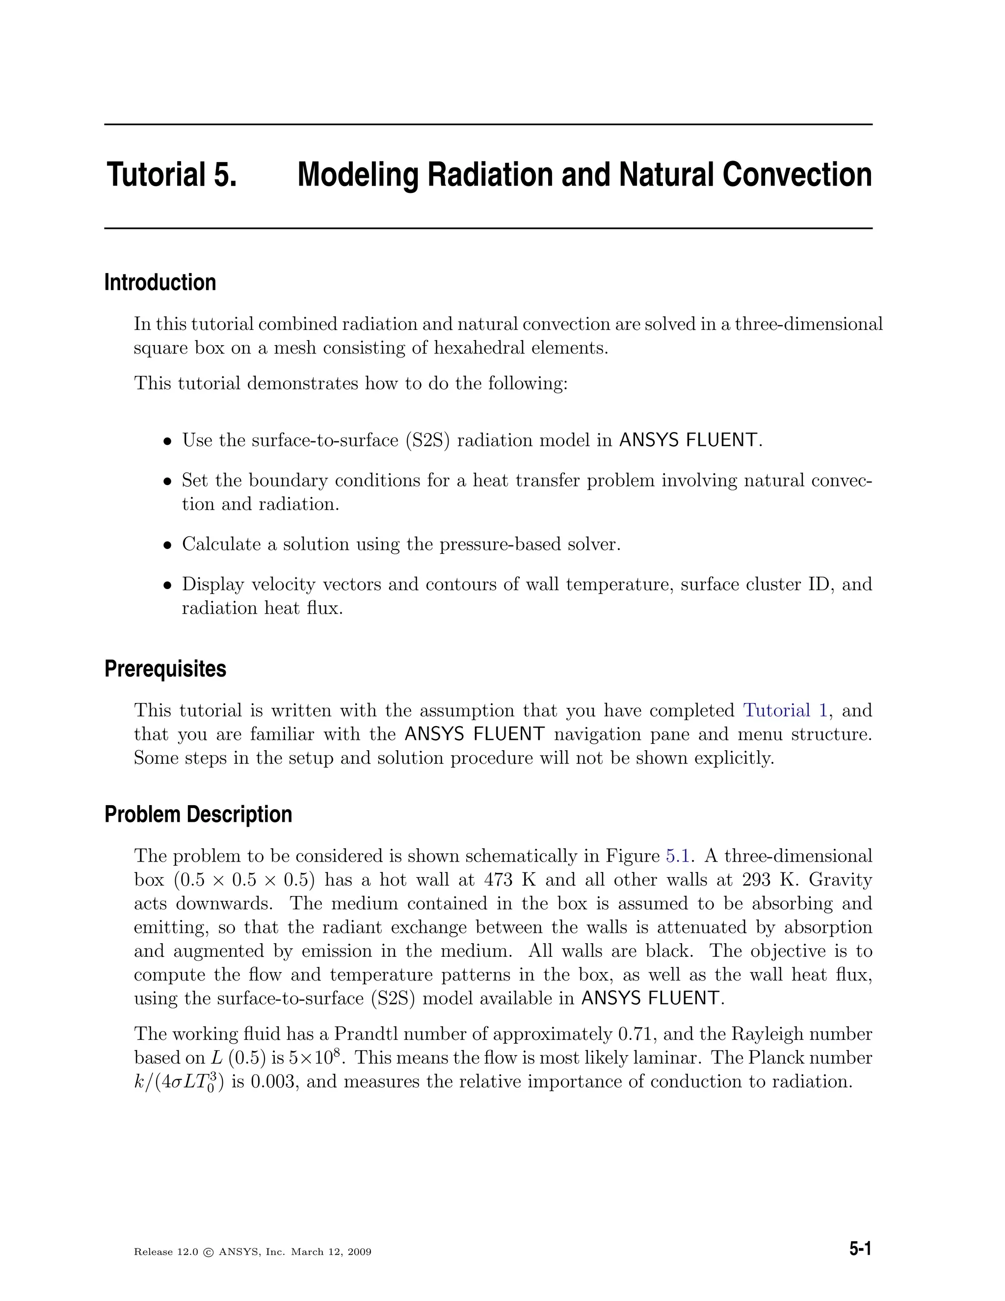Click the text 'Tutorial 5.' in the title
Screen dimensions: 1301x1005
(171, 175)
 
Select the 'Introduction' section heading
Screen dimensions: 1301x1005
(159, 282)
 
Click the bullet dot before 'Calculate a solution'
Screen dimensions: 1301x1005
(168, 545)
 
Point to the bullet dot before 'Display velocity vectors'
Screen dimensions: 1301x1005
(168, 585)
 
